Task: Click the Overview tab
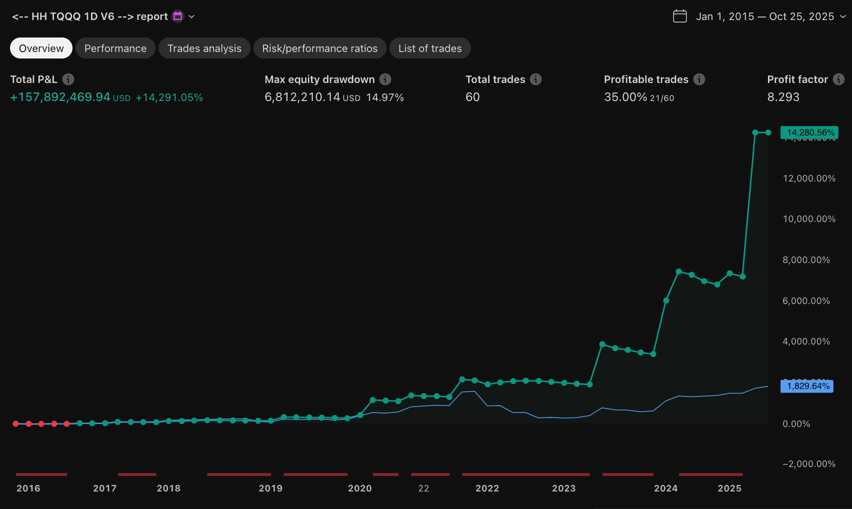point(41,48)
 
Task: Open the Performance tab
point(115,48)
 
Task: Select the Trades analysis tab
point(204,48)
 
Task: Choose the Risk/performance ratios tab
point(319,48)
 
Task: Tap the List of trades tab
point(430,48)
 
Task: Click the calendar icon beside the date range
point(679,16)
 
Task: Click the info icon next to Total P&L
point(68,79)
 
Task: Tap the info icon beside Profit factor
point(838,79)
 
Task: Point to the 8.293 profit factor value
point(783,97)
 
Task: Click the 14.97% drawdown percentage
point(384,97)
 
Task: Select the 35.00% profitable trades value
point(625,97)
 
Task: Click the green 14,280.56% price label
point(809,132)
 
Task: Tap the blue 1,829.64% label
point(807,386)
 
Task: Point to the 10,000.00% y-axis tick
point(808,219)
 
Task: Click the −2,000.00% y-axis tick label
point(808,464)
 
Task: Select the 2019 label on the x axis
point(270,488)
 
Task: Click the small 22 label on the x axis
point(423,488)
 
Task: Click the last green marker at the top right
point(768,132)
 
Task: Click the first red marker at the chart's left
point(16,423)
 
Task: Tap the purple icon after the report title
point(177,16)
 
